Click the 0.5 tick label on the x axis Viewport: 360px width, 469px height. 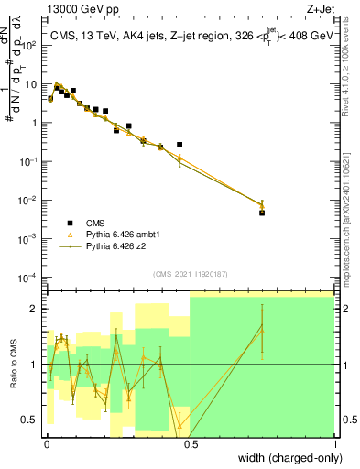pyautogui.click(x=191, y=442)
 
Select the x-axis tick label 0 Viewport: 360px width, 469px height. pyautogui.click(x=47, y=442)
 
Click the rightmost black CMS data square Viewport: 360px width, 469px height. pyautogui.click(x=262, y=213)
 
